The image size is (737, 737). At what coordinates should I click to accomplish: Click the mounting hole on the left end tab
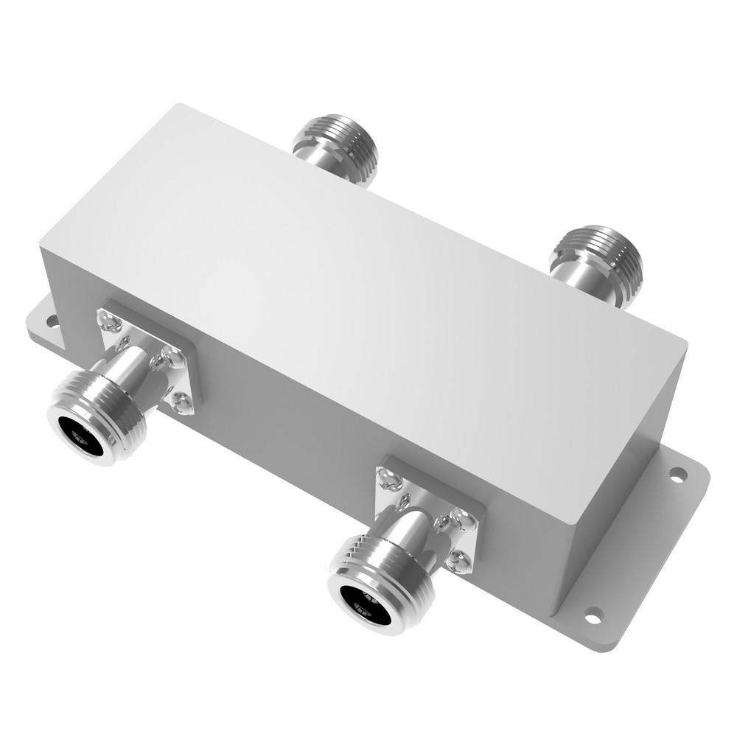(52, 321)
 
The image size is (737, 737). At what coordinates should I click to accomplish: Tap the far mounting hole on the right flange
(677, 474)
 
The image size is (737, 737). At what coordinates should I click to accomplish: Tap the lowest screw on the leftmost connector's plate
(181, 402)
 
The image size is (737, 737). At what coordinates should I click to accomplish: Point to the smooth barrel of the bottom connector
(413, 527)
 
